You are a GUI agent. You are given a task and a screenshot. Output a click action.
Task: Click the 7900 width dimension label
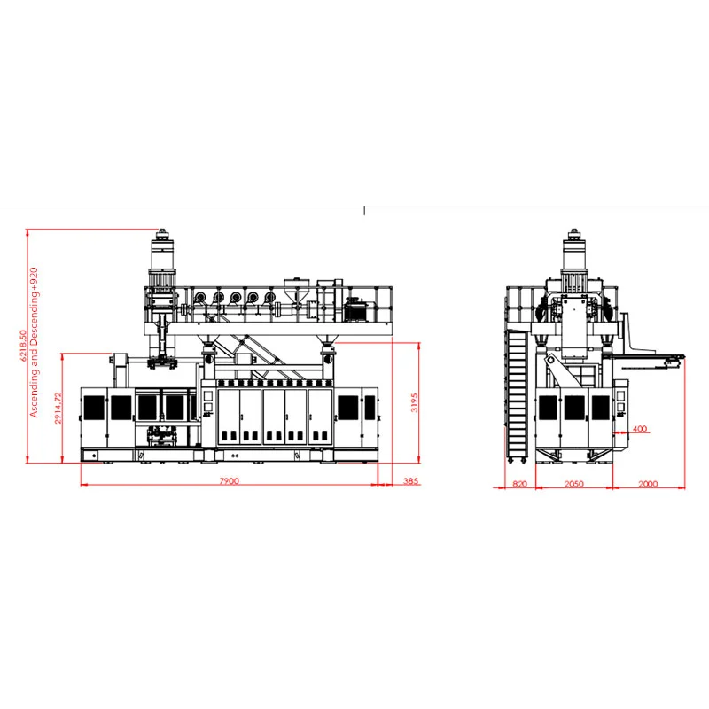[x=229, y=481]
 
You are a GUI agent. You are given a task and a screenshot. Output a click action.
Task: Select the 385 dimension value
[x=410, y=481]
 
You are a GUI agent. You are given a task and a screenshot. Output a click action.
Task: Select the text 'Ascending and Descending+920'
[x=35, y=341]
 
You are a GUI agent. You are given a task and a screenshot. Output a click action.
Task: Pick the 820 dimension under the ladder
[x=520, y=484]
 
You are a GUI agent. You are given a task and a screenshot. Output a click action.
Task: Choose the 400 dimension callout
[x=640, y=430]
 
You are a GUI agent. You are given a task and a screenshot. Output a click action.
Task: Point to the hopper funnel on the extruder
[x=295, y=291]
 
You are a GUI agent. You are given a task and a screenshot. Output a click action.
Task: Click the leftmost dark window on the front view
[x=92, y=408]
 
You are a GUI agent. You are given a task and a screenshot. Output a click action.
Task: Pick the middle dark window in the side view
[x=574, y=408]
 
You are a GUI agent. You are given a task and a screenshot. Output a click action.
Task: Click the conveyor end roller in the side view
[x=678, y=358]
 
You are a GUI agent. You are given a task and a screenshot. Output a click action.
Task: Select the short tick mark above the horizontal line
[x=364, y=211]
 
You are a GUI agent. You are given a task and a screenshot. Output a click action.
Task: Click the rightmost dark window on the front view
[x=369, y=408]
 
